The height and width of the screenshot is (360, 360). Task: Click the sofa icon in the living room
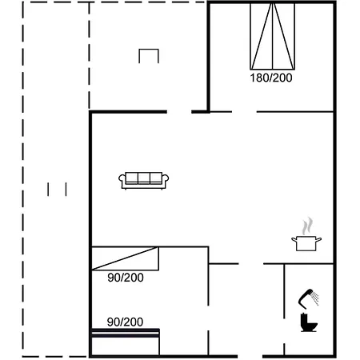click(x=143, y=181)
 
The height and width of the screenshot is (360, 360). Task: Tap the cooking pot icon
click(x=306, y=242)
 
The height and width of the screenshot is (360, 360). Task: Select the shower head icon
click(x=305, y=297)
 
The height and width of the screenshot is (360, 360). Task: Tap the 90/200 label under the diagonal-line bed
click(x=125, y=278)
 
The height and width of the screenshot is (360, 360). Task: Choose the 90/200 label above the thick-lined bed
click(x=125, y=322)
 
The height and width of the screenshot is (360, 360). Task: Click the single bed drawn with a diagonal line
click(x=125, y=259)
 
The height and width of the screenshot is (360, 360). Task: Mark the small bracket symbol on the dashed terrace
click(x=149, y=55)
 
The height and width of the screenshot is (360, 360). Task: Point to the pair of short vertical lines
click(x=57, y=189)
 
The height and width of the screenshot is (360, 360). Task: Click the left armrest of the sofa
click(x=122, y=182)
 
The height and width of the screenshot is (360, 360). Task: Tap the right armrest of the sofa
click(x=165, y=182)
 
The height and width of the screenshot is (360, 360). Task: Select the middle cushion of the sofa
click(x=143, y=178)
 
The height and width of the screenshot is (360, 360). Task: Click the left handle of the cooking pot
click(x=294, y=239)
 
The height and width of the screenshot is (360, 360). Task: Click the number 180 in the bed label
click(x=258, y=78)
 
